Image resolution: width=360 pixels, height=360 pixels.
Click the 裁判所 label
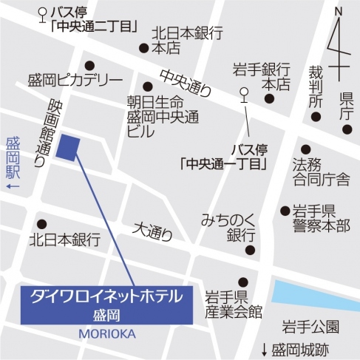[x=316, y=86]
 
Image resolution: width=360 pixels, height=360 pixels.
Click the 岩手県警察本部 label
[x=320, y=218]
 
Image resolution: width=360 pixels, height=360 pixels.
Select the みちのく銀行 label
[x=228, y=228]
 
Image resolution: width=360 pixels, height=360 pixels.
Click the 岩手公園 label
[x=310, y=326]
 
